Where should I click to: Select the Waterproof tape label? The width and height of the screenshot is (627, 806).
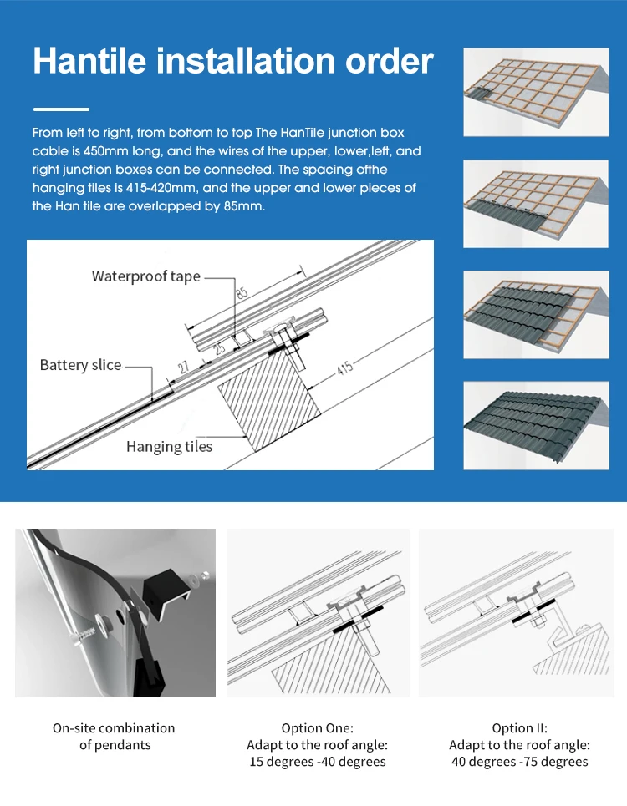click(146, 276)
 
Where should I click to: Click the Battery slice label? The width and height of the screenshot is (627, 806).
click(80, 365)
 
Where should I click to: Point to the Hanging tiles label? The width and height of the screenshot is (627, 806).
click(169, 447)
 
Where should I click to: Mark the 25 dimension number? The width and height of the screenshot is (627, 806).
click(220, 349)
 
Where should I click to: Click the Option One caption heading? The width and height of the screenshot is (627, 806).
click(317, 728)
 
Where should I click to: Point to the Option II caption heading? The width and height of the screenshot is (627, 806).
click(519, 728)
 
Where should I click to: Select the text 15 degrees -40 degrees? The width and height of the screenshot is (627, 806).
click(318, 762)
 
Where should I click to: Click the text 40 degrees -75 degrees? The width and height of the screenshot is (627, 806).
click(519, 762)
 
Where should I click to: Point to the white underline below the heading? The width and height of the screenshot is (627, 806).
click(61, 109)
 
